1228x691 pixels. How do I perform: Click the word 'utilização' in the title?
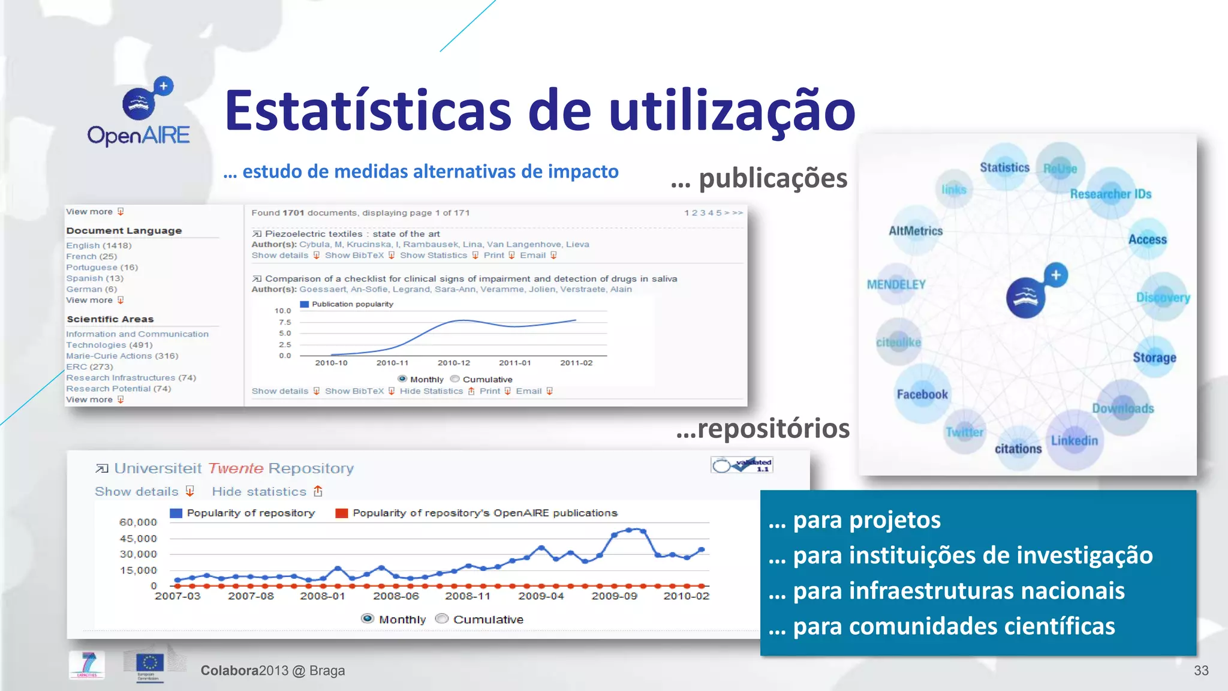click(732, 111)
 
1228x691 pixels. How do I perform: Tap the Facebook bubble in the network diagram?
click(922, 394)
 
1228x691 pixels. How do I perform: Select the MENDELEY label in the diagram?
click(896, 284)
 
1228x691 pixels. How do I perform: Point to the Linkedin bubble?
click(1074, 441)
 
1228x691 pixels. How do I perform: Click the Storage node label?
click(1154, 357)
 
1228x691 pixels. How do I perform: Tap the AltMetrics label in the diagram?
click(916, 231)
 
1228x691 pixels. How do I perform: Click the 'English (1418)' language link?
click(99, 245)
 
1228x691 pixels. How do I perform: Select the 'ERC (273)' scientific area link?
click(89, 366)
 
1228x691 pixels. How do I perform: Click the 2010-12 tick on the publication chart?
click(454, 363)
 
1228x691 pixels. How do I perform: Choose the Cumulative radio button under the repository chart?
click(442, 618)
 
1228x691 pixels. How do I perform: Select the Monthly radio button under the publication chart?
click(402, 379)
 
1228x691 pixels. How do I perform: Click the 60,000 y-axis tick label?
click(138, 522)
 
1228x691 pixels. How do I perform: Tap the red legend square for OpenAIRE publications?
click(342, 513)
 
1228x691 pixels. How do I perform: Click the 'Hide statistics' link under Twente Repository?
click(260, 491)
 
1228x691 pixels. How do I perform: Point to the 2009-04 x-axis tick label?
click(541, 596)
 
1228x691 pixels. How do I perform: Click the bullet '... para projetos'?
click(854, 519)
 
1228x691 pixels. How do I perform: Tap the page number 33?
click(1201, 671)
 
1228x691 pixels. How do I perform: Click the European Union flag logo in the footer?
click(149, 664)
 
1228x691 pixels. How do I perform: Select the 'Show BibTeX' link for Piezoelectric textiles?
click(354, 256)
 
